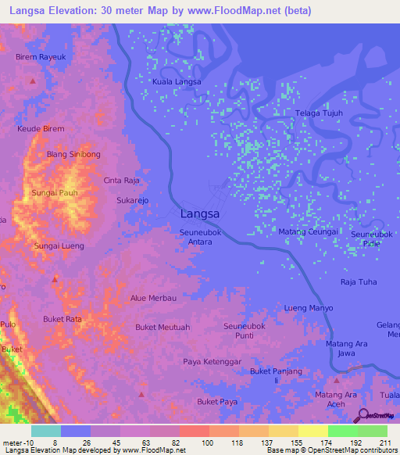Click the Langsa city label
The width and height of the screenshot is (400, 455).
point(199,213)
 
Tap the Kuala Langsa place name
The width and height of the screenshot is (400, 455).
point(177,81)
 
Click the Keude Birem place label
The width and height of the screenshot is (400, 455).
point(41,128)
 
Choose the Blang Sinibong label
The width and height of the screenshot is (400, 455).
point(73,155)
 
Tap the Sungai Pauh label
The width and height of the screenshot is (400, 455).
point(53,192)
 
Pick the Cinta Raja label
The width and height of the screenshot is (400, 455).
point(122,180)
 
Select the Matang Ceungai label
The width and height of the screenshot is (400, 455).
point(308,232)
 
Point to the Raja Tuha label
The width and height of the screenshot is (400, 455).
point(359,281)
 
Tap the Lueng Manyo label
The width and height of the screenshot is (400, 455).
point(309,308)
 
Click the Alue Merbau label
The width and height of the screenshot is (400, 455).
point(153,298)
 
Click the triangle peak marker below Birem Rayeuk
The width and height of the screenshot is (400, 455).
point(32,81)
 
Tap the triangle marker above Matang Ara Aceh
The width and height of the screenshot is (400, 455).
point(337,380)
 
